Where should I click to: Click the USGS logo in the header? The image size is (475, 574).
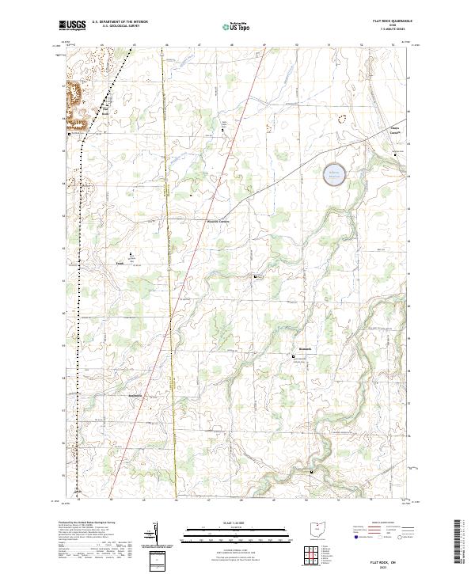(73, 26)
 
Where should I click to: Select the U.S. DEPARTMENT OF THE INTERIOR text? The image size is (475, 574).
(120, 22)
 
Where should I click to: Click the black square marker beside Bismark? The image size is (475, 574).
(294, 357)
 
